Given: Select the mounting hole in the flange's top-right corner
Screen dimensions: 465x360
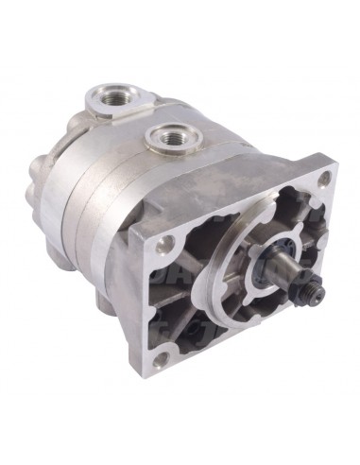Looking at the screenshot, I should tap(324, 180).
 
